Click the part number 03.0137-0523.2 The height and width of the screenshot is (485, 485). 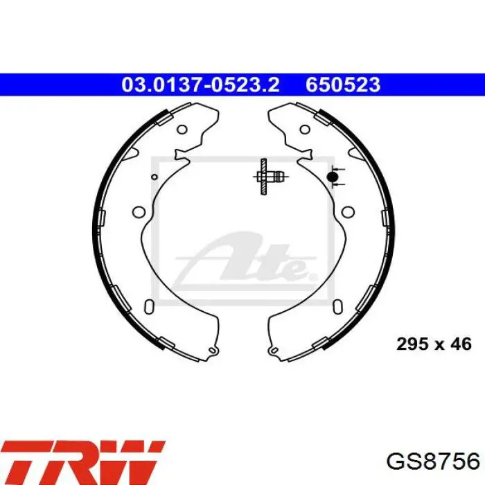pos(200,85)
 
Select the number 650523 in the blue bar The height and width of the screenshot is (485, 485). pos(343,85)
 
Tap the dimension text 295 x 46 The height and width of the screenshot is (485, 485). pos(434,344)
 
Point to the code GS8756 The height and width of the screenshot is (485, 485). pos(433,462)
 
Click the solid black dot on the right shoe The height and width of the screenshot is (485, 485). pos(332,177)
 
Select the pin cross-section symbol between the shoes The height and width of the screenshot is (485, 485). pos(268,177)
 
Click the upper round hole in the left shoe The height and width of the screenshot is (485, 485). pos(182,130)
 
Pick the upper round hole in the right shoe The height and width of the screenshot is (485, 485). pos(305,130)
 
